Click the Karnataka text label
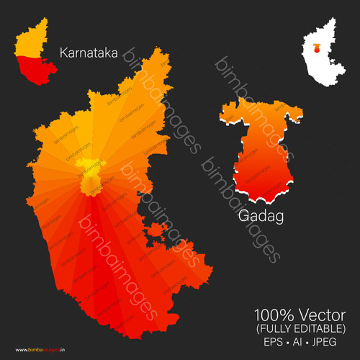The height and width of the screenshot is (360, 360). (x=89, y=53)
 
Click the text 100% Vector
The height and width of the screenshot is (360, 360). (x=299, y=315)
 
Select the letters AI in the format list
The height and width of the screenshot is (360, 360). (x=297, y=341)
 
